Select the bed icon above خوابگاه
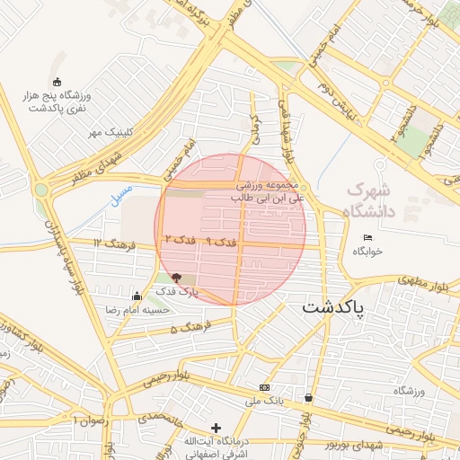pyautogui.click(x=367, y=237)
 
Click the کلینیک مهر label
pyautogui.click(x=110, y=133)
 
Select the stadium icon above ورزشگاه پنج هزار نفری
pyautogui.click(x=58, y=82)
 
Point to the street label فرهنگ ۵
pyautogui.click(x=189, y=327)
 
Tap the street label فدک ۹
pyautogui.click(x=221, y=243)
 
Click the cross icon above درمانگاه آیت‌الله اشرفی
pyautogui.click(x=215, y=428)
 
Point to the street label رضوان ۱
pyautogui.click(x=93, y=420)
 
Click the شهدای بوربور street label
pyautogui.click(x=355, y=447)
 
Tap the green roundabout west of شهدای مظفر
pyautogui.click(x=41, y=189)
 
